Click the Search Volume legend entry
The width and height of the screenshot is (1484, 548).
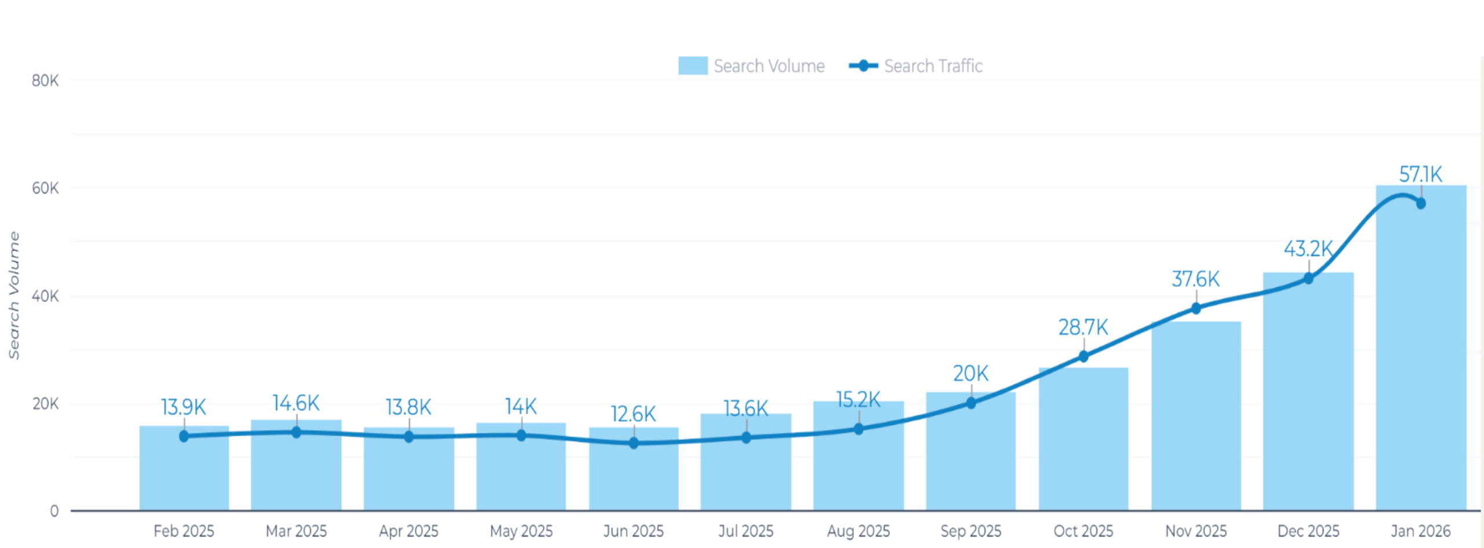[x=751, y=66]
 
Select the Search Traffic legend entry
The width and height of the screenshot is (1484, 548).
[x=916, y=66]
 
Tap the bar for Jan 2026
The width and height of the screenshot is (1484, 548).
[x=1420, y=359]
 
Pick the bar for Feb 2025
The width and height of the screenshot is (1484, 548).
[x=184, y=475]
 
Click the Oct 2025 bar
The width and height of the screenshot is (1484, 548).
[x=1083, y=440]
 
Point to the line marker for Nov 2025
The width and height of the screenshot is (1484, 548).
[x=1195, y=308]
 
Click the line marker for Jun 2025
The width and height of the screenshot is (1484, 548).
[x=634, y=443]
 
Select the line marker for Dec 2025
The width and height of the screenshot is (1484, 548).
[x=1308, y=279]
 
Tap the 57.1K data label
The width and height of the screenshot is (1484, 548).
[x=1420, y=174]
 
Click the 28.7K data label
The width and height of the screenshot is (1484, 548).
[x=1083, y=327]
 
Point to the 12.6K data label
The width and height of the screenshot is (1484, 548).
[x=633, y=414]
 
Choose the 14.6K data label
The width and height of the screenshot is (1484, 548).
[x=296, y=403]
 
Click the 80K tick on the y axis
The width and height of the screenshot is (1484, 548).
[x=45, y=81]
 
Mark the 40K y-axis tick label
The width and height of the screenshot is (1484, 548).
[x=45, y=296]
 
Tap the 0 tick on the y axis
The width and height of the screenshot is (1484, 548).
[x=54, y=511]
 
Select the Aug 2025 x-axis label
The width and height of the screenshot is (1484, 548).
[x=858, y=531]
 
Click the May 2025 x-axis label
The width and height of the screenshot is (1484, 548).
[x=521, y=531]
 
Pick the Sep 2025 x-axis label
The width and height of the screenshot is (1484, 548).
[x=970, y=531]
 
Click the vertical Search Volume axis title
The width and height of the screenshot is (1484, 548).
[x=14, y=295]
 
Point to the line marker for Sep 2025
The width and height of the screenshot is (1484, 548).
[x=971, y=403]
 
